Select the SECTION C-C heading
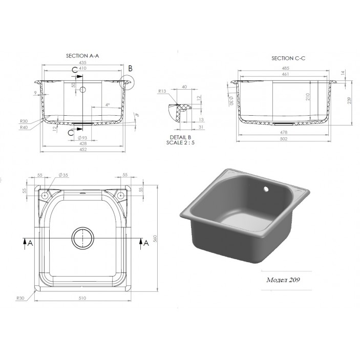(288, 59)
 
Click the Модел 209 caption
(283, 280)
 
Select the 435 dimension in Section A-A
(82, 62)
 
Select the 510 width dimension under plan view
(83, 298)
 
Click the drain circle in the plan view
(83, 239)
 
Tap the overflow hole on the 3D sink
(265, 189)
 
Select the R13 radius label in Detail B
(163, 91)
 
